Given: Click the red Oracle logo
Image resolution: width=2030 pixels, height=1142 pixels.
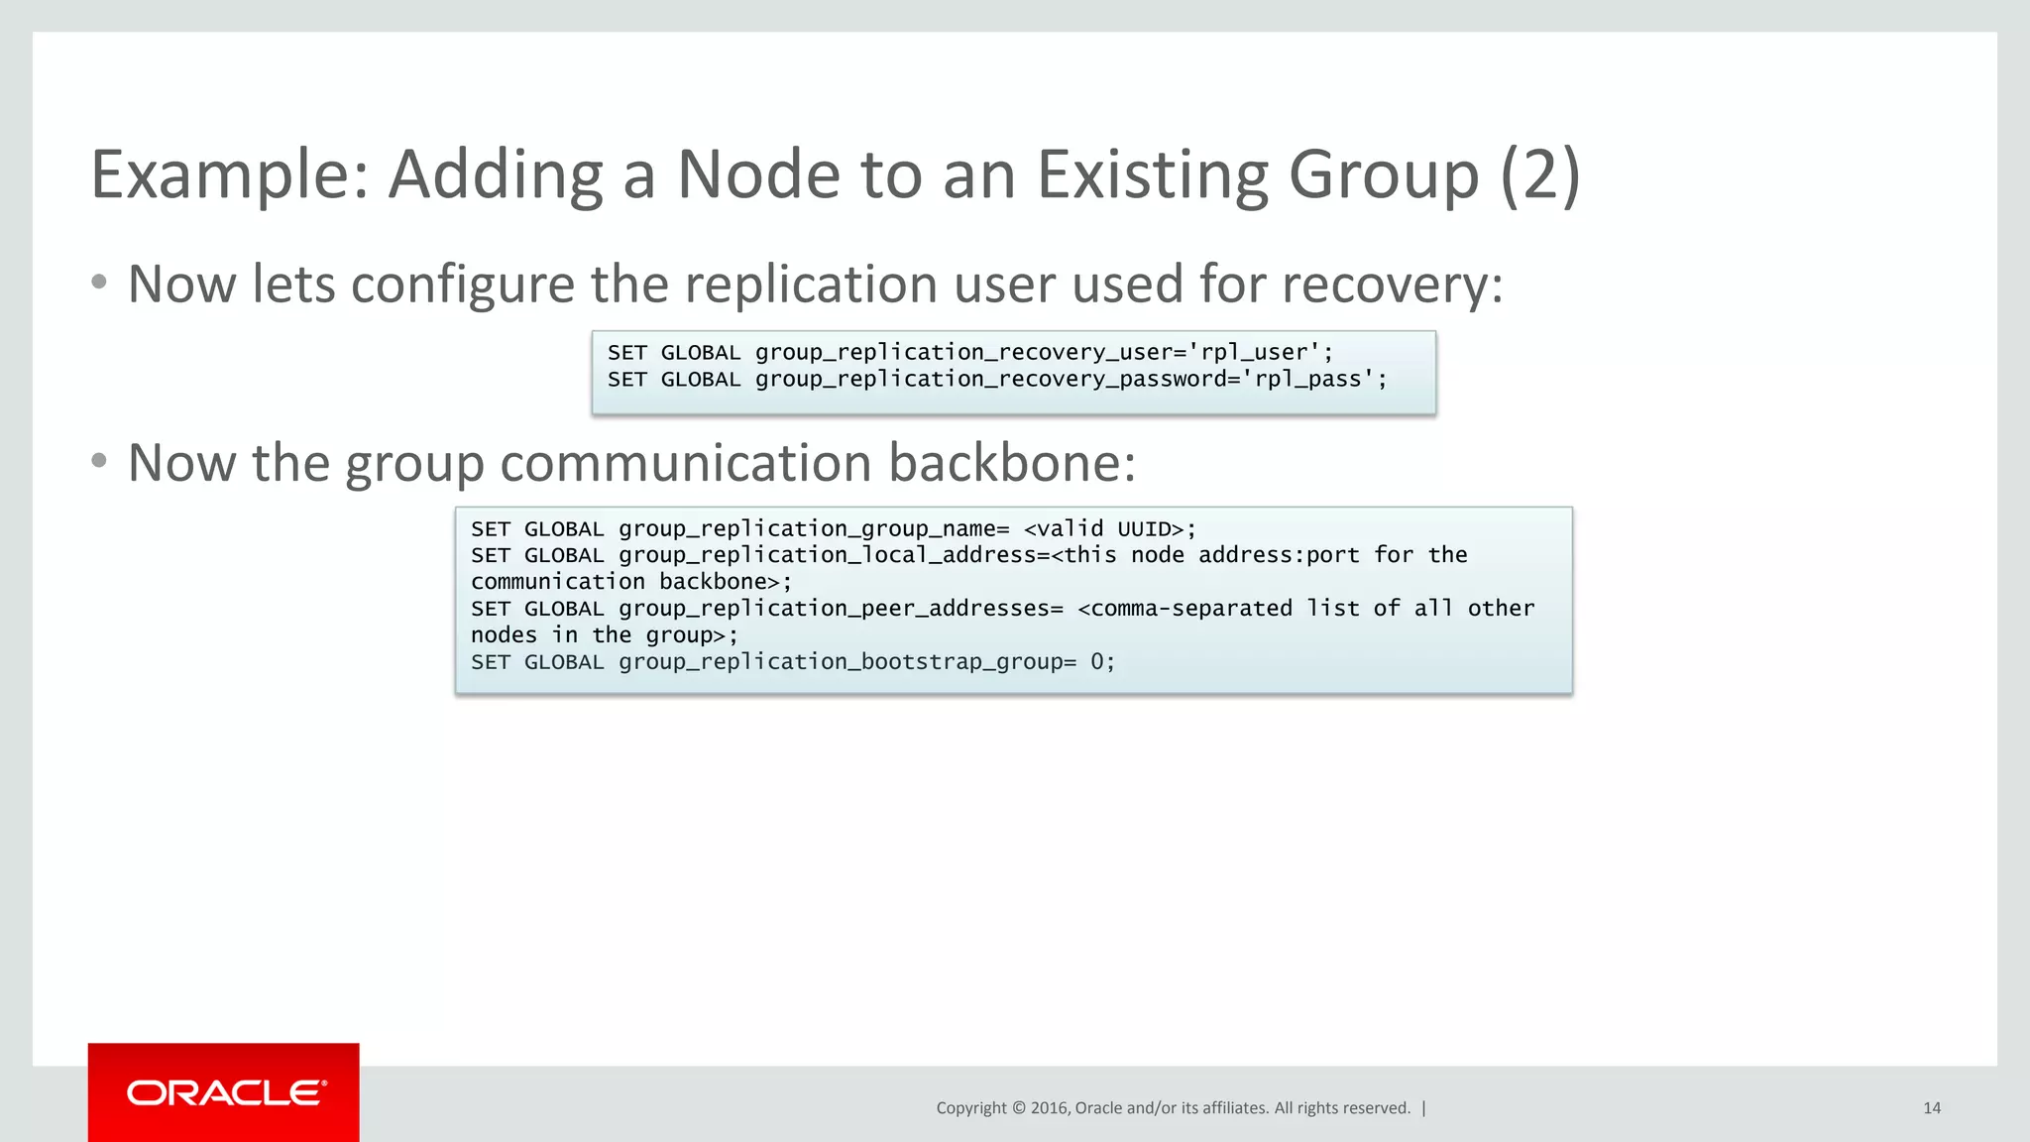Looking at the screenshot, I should click(224, 1092).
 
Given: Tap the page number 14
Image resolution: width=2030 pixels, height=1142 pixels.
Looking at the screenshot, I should click(1931, 1108).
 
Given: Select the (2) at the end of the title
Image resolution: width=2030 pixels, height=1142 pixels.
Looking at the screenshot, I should click(1539, 175).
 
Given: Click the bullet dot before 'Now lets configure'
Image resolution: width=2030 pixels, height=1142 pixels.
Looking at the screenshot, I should click(98, 283).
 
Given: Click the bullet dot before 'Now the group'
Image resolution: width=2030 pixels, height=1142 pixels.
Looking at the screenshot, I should click(98, 461).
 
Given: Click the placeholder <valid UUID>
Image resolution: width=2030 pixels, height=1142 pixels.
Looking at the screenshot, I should click(1103, 529).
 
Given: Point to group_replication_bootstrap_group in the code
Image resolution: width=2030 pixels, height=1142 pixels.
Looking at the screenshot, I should click(841, 662).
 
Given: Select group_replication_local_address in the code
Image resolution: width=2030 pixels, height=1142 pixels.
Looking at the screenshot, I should click(827, 556).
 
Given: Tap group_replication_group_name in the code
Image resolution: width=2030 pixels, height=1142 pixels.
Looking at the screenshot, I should click(807, 529).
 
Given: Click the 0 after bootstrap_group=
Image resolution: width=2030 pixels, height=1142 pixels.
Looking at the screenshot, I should click(1097, 662).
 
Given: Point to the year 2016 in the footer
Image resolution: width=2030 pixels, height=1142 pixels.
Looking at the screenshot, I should click(1049, 1108).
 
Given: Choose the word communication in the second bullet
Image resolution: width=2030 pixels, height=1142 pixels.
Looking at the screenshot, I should click(686, 463).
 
